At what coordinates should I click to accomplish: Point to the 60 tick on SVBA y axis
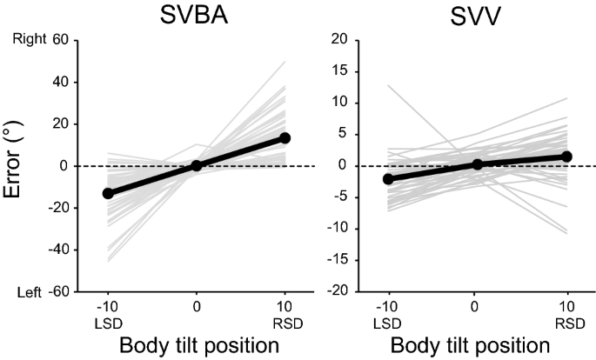click(60, 40)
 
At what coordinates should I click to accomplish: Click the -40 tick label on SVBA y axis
click(57, 250)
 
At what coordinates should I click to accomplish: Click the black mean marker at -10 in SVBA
click(108, 193)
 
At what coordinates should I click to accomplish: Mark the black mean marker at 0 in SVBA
click(196, 165)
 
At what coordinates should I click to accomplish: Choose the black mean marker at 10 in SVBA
click(285, 138)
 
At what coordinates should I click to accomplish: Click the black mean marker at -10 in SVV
click(388, 179)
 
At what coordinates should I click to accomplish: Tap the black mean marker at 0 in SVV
click(477, 164)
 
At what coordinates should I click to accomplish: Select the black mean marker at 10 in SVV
click(566, 157)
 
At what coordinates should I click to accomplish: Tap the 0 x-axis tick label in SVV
click(477, 307)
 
